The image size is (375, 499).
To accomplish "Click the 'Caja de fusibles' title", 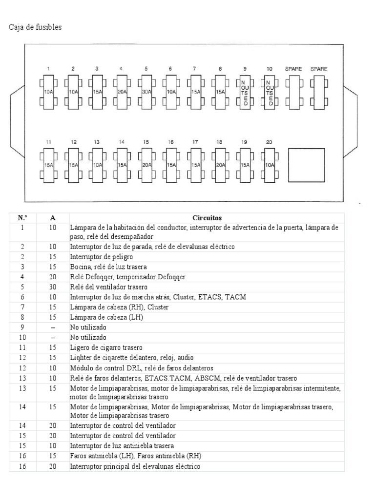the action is [x=35, y=27].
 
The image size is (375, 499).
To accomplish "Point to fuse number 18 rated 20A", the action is [x=220, y=165].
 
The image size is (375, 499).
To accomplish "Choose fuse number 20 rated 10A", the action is [x=269, y=165].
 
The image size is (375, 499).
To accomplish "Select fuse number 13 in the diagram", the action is [x=97, y=165].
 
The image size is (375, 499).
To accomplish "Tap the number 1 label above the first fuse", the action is [x=48, y=69].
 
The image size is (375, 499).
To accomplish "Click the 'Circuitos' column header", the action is [x=207, y=218].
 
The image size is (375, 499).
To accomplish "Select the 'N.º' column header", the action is [x=22, y=218].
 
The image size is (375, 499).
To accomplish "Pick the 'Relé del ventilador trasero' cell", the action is [x=108, y=287].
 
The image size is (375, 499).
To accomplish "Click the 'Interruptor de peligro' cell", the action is [x=102, y=257].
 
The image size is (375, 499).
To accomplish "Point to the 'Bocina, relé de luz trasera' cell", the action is [x=108, y=267].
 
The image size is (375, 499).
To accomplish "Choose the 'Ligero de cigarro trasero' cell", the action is [x=106, y=347].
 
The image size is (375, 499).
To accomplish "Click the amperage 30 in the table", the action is [x=53, y=287].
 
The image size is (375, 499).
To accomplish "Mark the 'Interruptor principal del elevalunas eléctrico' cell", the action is [x=135, y=466].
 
